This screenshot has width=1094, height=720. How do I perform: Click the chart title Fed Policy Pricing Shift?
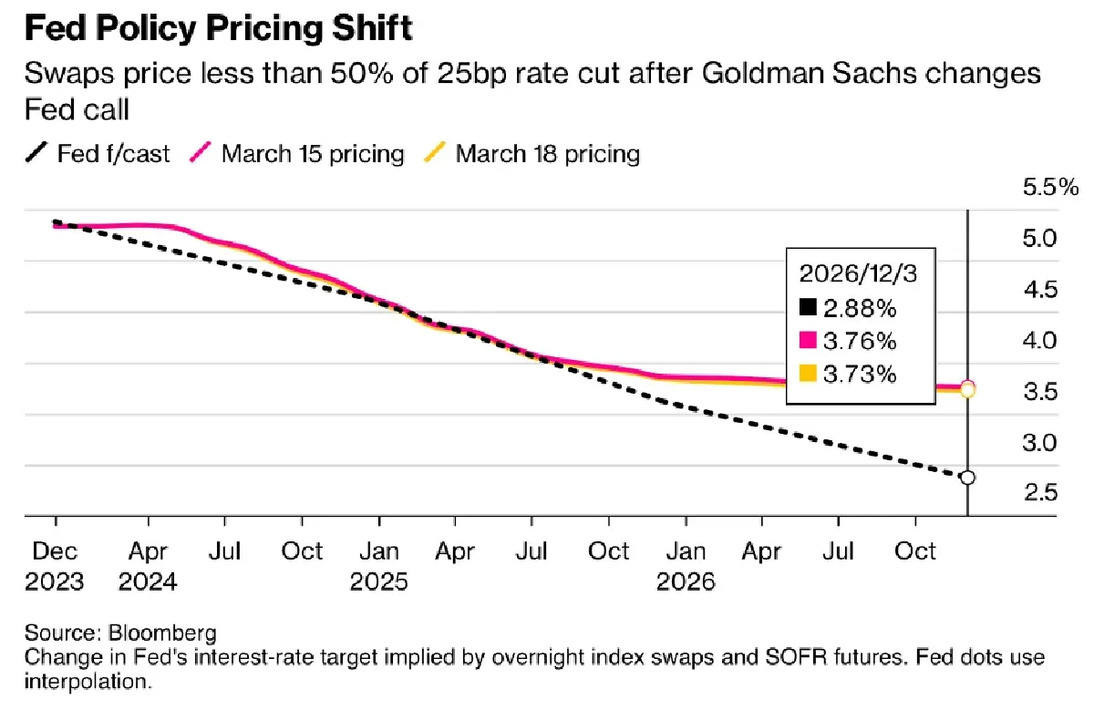click(218, 28)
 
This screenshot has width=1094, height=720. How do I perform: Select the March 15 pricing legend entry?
click(298, 153)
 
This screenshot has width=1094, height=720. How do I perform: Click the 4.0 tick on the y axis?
click(1039, 341)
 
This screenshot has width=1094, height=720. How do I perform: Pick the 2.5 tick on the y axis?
click(1039, 493)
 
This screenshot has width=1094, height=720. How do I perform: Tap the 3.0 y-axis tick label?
click(1039, 443)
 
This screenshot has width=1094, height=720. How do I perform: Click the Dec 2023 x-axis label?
click(55, 566)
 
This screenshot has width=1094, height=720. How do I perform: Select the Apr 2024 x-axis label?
click(148, 566)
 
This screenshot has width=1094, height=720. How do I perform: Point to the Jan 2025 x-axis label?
click(379, 566)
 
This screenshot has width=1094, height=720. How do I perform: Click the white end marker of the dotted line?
click(967, 478)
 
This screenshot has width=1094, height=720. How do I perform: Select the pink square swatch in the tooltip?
click(807, 341)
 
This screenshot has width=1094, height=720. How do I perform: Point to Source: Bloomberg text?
click(108, 633)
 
